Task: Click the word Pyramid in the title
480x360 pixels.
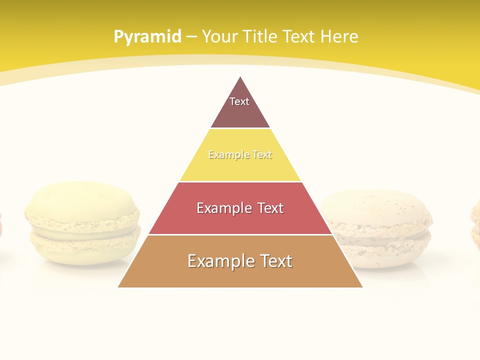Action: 147,37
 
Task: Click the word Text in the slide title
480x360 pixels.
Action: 300,37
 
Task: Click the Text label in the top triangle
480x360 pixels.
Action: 239,101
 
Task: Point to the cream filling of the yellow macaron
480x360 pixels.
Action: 82,228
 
